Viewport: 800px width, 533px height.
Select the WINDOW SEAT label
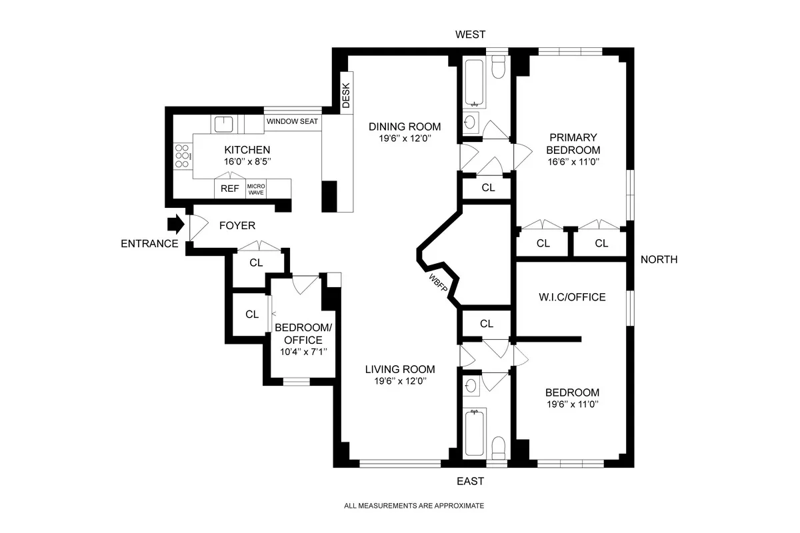coord(292,122)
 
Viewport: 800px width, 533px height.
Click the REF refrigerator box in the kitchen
coord(230,189)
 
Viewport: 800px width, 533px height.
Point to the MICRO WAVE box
coord(256,189)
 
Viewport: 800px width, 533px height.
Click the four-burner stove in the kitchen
coord(182,156)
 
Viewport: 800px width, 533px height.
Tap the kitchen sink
coord(222,124)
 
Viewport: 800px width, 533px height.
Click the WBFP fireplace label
coord(438,282)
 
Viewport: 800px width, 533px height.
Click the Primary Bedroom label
coord(573,144)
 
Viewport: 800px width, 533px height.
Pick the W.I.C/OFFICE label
coord(573,297)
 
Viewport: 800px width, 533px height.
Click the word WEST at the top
coord(470,35)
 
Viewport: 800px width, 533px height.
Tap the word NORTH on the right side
coord(659,260)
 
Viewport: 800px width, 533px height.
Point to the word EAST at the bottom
coord(470,481)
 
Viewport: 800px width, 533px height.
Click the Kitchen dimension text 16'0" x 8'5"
coord(247,162)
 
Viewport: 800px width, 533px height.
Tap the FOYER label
coord(237,226)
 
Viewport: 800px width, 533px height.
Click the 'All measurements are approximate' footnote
coord(414,506)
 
